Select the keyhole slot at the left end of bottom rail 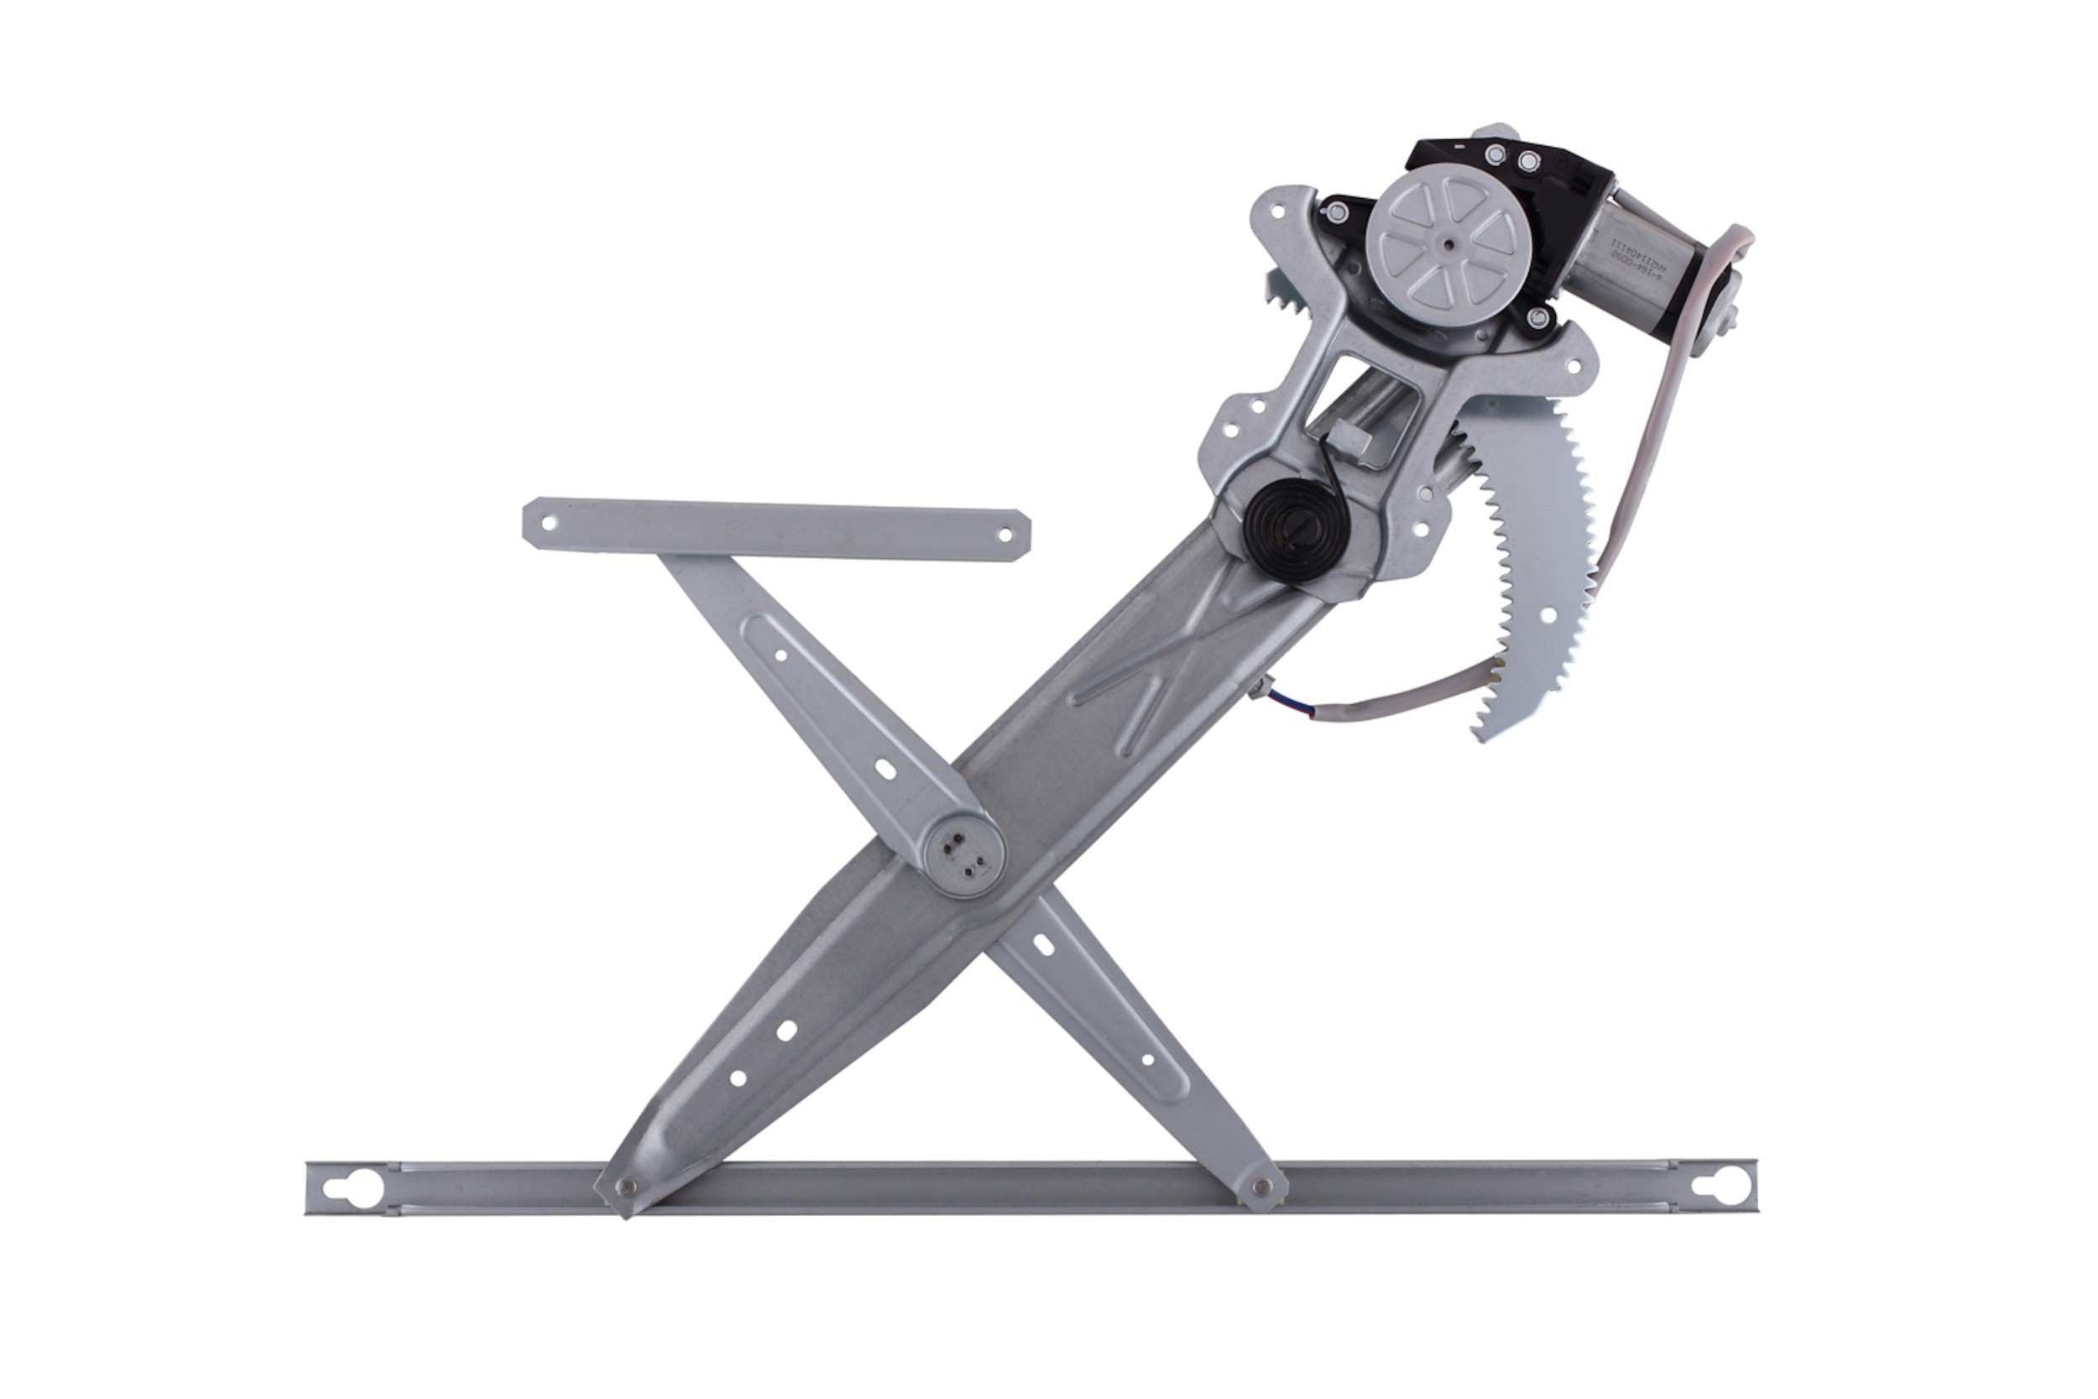tap(363, 1188)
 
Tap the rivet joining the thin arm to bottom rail tap(1261, 1186)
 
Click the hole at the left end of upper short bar tap(549, 524)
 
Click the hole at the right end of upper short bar tap(1005, 535)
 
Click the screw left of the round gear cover tap(1335, 211)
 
